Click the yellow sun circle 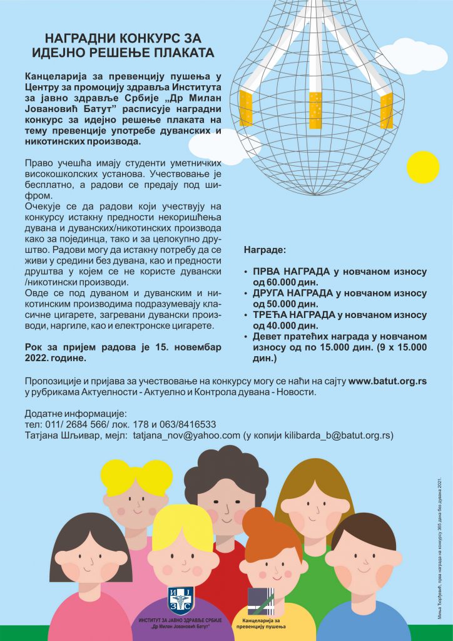[423, 167]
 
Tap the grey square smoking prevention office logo [260, 602]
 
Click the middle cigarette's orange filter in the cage [315, 110]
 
